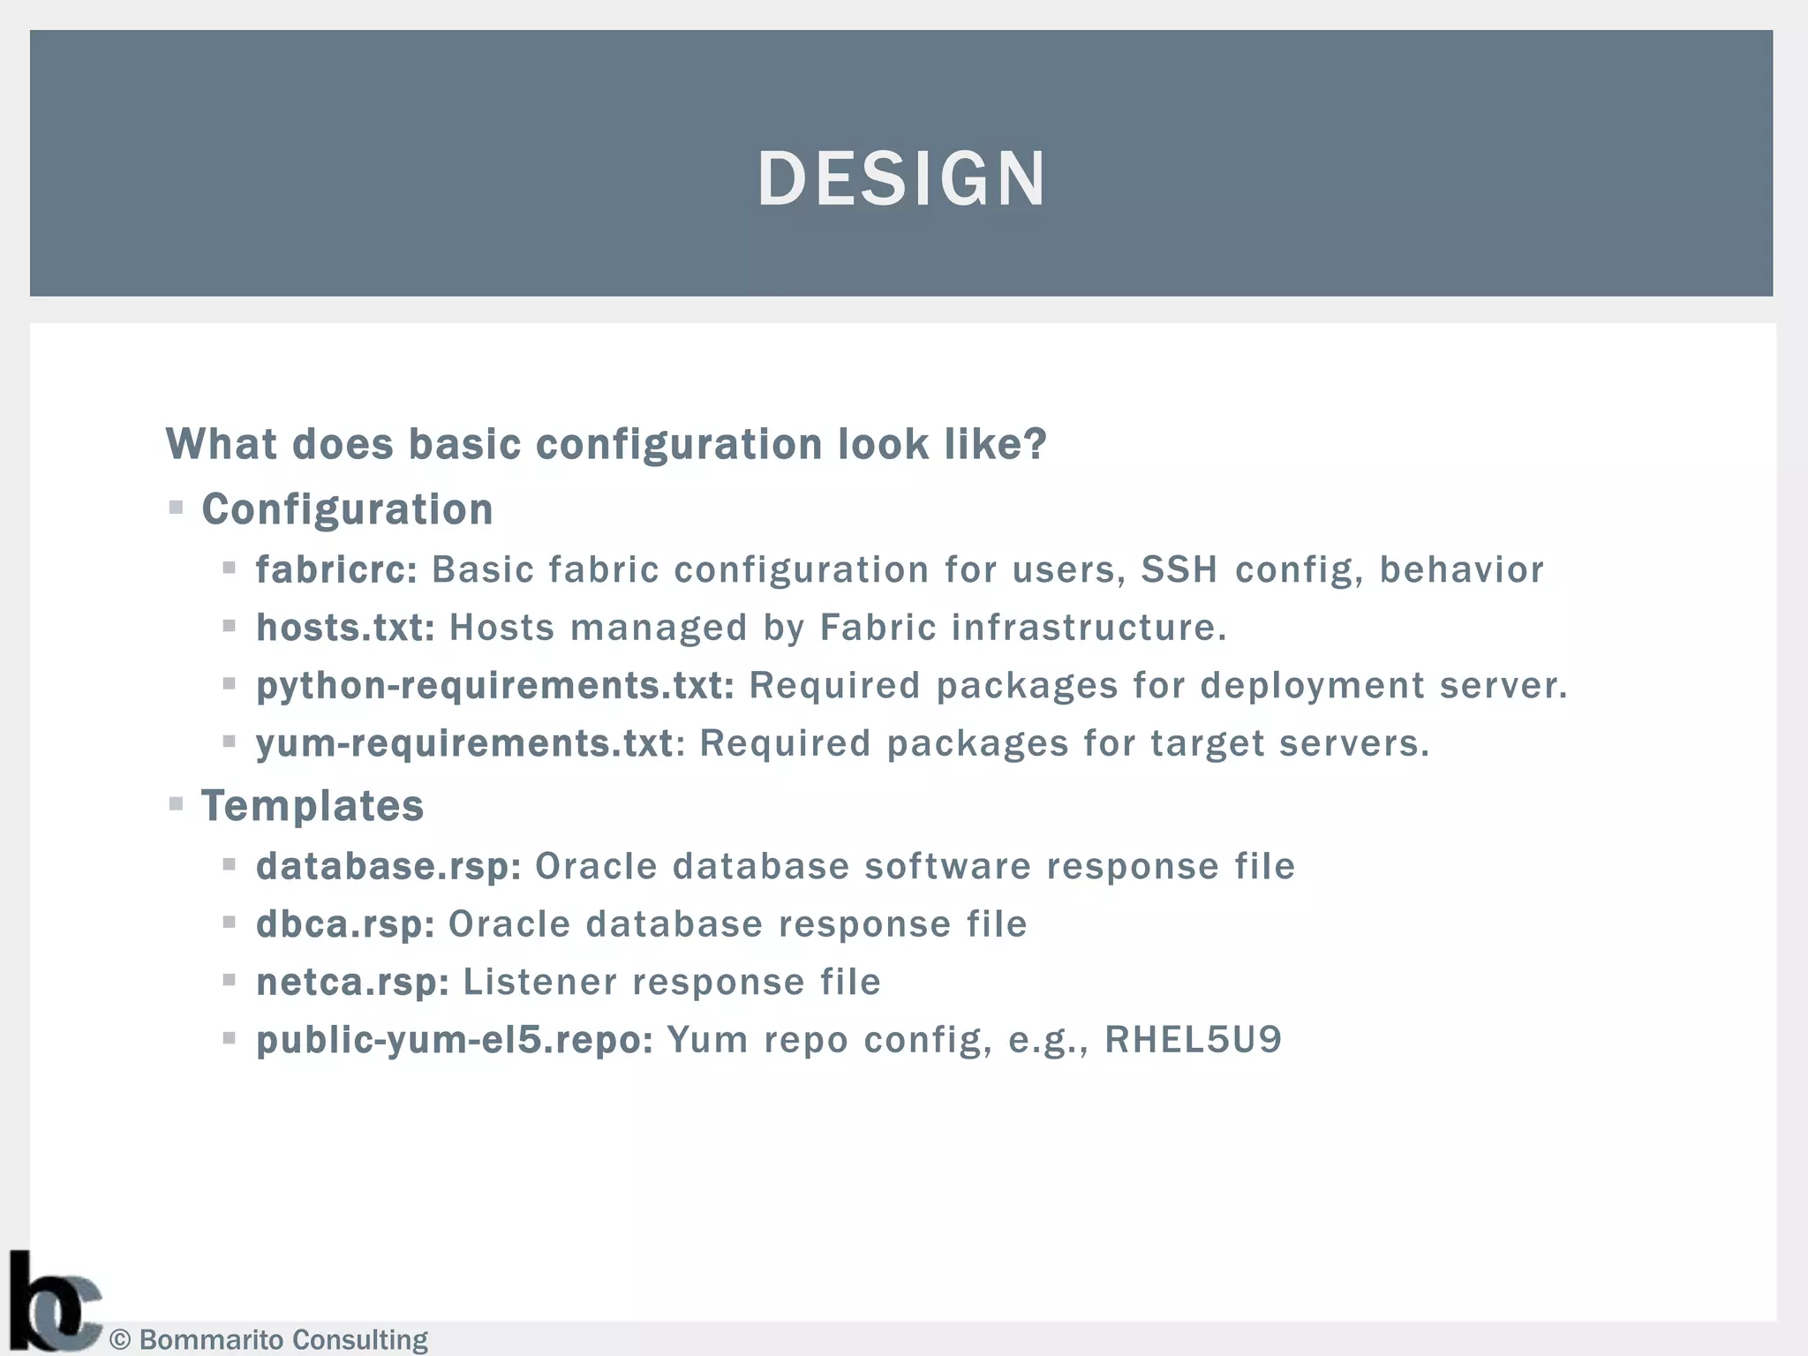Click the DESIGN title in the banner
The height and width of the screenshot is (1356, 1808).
point(901,178)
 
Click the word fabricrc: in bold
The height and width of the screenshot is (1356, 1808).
point(336,569)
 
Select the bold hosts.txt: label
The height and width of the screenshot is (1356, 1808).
point(345,628)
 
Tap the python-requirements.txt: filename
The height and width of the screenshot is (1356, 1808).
point(494,686)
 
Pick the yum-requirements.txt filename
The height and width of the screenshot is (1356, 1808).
point(464,743)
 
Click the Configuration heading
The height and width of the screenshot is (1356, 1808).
point(347,509)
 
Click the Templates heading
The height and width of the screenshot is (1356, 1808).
point(313,806)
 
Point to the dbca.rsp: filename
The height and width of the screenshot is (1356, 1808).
point(345,924)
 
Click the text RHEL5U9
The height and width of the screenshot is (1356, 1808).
point(1193,1040)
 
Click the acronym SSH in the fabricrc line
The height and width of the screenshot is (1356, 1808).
point(1179,569)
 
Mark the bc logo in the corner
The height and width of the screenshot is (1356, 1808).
point(53,1303)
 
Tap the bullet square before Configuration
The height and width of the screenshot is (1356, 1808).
point(177,508)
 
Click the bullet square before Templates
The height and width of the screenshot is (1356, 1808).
point(177,804)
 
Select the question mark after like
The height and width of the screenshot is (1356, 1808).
point(1033,443)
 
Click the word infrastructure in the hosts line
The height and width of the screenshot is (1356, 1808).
point(1088,628)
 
